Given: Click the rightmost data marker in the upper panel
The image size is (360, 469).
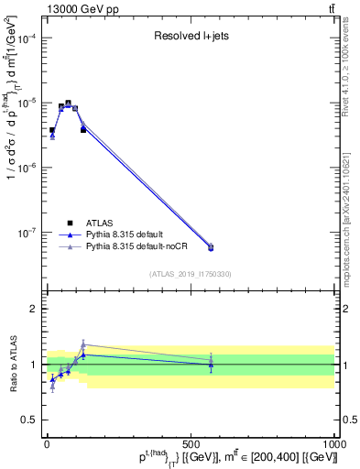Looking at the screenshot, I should click(211, 247).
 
